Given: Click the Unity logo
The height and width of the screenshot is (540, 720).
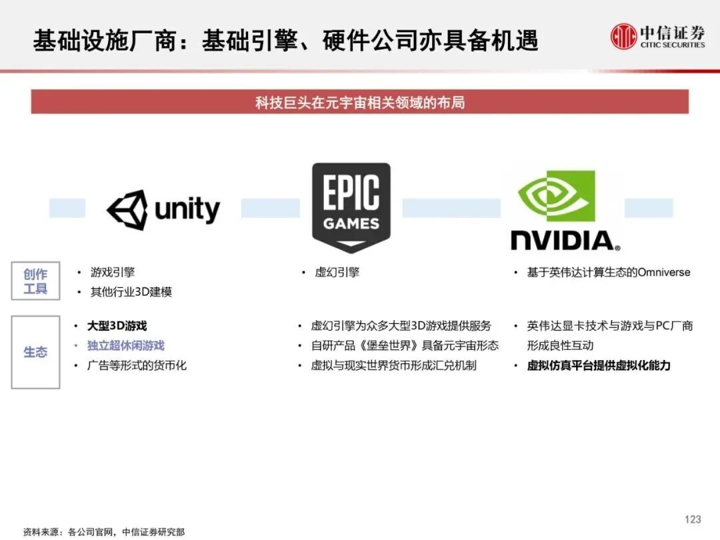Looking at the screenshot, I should click(x=163, y=210).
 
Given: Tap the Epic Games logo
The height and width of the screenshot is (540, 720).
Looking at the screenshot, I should click(x=351, y=207).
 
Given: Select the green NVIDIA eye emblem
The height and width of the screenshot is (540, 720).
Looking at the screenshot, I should click(x=557, y=196).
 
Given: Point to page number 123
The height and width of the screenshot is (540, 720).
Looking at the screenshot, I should click(x=693, y=519).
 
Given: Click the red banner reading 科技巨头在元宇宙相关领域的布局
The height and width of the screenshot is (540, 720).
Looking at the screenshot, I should click(x=359, y=103).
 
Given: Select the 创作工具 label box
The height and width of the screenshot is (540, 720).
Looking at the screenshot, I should click(x=35, y=281).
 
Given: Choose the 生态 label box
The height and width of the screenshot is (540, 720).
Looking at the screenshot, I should click(x=35, y=352).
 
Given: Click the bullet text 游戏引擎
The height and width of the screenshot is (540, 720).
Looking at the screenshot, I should click(x=113, y=272).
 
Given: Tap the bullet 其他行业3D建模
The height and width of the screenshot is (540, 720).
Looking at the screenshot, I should click(x=131, y=292).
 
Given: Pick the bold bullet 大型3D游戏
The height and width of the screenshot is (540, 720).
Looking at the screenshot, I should click(x=117, y=326).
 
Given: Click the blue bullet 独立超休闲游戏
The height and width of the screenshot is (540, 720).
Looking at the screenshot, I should click(x=125, y=345).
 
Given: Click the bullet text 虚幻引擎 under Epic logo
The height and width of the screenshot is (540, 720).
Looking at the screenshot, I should click(x=337, y=272).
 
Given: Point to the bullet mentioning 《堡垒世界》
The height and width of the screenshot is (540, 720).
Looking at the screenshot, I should click(x=404, y=345).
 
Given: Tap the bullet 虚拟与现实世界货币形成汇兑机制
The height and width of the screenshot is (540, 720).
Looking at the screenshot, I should click(x=393, y=365).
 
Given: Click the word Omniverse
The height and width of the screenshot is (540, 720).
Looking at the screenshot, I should click(x=663, y=272).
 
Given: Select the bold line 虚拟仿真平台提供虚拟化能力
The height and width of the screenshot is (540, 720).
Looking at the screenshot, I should click(x=598, y=365).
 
